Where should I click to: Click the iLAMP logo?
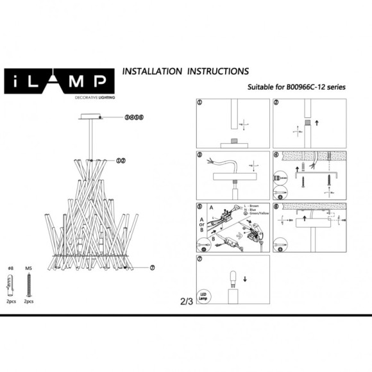(x=58, y=81)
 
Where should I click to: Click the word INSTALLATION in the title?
(x=152, y=71)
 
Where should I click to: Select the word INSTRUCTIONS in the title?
(x=217, y=71)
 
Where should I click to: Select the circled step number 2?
(x=276, y=103)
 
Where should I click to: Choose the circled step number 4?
(x=276, y=155)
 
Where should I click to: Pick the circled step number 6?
(x=276, y=207)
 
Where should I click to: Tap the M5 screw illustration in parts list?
(x=28, y=282)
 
